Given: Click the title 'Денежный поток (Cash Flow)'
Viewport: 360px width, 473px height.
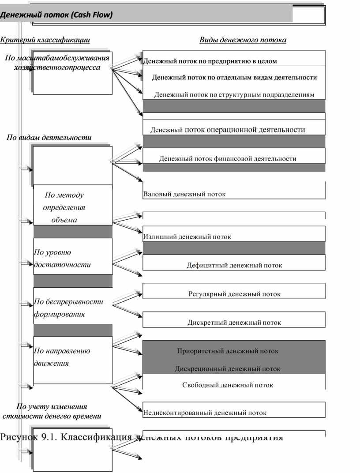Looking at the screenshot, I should point(56,15).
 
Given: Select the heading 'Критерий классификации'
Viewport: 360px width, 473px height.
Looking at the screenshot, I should point(45,40).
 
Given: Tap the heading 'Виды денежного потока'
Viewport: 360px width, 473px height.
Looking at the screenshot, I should point(243,40).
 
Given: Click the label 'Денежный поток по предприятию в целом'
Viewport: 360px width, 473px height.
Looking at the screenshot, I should point(210,61).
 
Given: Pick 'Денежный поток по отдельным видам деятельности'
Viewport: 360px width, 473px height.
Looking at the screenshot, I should point(234,78).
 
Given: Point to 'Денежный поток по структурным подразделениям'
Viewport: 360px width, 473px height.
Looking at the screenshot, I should point(234,95).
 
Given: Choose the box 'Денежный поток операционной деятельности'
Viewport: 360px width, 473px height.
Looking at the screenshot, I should point(228,130).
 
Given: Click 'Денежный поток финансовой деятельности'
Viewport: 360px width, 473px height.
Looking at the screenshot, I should point(228,158).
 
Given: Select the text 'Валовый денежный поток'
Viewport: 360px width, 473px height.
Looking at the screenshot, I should point(184,194).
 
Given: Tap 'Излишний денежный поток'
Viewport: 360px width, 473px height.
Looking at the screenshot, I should point(187,236).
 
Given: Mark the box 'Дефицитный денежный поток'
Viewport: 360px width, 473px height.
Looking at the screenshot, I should point(234,265).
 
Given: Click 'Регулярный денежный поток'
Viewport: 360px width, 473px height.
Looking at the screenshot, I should point(234,294).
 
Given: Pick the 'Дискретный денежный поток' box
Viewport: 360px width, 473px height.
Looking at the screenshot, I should point(234,323).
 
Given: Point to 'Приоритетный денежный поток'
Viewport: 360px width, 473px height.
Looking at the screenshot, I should point(228,351).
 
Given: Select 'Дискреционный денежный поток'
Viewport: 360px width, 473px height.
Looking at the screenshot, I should point(228,368).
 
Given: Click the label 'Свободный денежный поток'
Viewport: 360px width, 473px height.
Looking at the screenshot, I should point(228,385).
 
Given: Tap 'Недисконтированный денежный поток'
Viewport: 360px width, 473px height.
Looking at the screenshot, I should point(205,413).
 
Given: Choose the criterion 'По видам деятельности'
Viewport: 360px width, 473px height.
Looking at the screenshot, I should point(49,138).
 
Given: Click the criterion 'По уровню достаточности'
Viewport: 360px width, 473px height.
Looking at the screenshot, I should point(62,259).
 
